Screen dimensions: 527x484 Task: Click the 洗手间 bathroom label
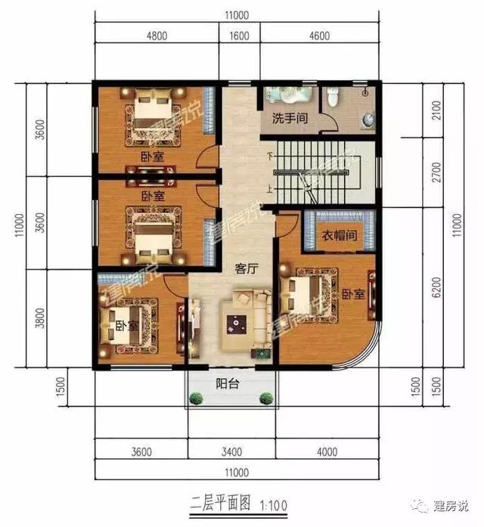pos(290,119)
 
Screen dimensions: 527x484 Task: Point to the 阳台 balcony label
pos(228,383)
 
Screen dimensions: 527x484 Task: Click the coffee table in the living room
pos(237,324)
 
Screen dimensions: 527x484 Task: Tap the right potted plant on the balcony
pos(265,398)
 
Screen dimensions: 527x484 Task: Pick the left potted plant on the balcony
pos(196,398)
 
